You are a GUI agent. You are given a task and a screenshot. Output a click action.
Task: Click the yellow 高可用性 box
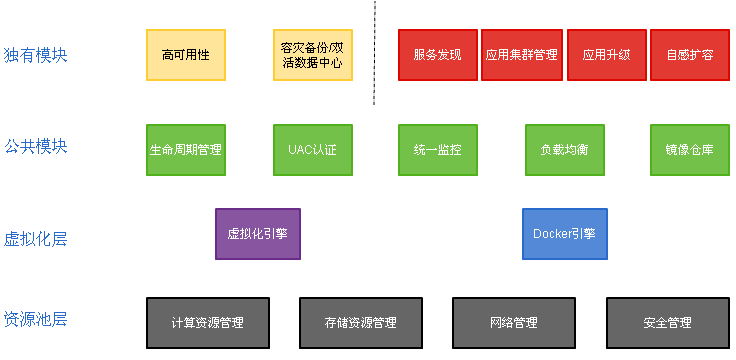click(x=185, y=55)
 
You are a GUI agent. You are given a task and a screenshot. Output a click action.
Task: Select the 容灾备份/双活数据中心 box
click(x=312, y=55)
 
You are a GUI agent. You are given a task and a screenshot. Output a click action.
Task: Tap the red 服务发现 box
click(x=437, y=55)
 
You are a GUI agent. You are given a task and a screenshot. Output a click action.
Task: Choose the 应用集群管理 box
click(x=521, y=55)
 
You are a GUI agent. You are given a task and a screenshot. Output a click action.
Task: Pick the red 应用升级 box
click(x=606, y=55)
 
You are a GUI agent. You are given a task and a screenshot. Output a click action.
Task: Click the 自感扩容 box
click(x=689, y=55)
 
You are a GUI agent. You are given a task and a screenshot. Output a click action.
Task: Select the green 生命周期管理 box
click(x=185, y=150)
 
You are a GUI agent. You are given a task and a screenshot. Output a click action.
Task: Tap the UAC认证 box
click(x=312, y=150)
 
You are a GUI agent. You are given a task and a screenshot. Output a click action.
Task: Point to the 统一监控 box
click(x=437, y=150)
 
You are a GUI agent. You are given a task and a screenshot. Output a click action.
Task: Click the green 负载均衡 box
click(x=564, y=150)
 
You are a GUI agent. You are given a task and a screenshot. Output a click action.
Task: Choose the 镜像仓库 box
click(x=689, y=150)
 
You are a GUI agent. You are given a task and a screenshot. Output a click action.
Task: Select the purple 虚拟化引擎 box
click(x=257, y=234)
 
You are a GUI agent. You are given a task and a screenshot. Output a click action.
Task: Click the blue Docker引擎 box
click(x=564, y=234)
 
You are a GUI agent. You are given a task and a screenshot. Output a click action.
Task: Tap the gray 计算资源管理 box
click(x=207, y=322)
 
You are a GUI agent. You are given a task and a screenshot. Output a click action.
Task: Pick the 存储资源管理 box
click(x=360, y=322)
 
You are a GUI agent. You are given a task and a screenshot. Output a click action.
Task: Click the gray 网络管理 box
click(x=514, y=322)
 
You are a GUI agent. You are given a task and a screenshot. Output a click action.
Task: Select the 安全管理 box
click(x=667, y=322)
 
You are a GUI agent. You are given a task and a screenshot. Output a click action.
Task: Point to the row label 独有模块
click(x=35, y=55)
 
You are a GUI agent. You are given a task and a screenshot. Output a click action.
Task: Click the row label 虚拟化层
click(x=35, y=239)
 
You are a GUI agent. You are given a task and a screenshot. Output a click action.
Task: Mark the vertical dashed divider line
click(x=375, y=50)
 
